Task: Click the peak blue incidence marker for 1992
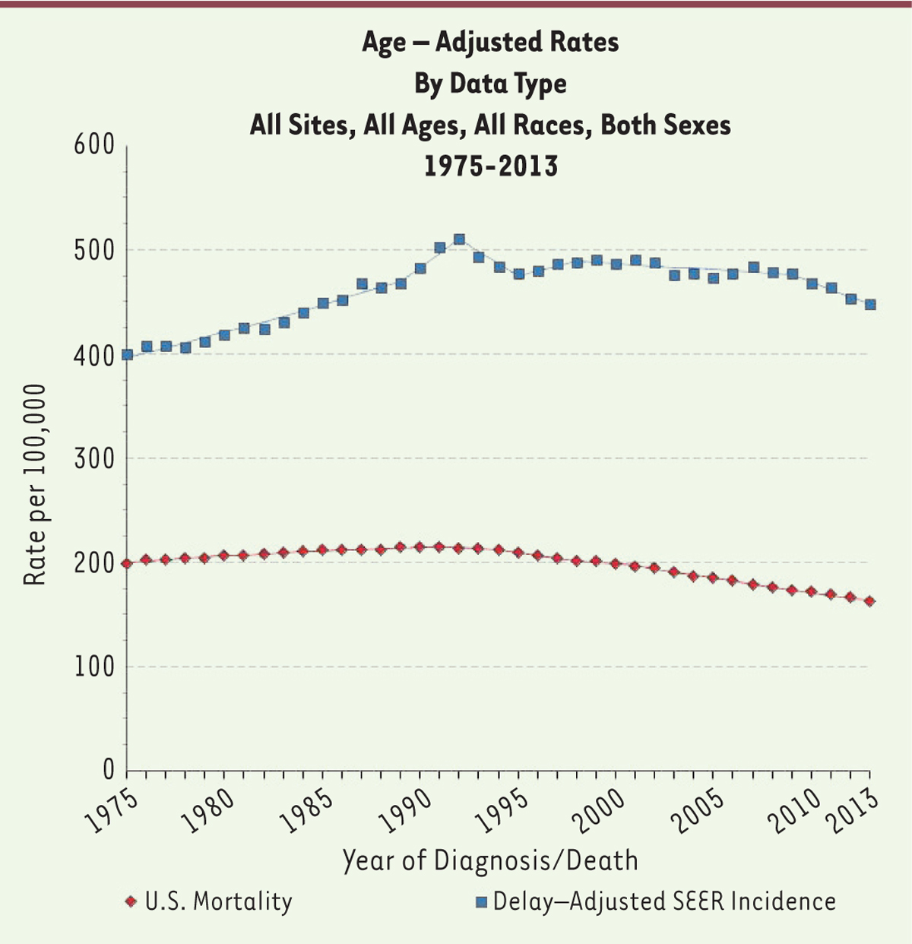point(459,239)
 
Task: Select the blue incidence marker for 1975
point(127,354)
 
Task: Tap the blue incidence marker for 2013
point(870,304)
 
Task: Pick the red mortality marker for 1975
point(127,563)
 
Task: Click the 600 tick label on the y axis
point(93,145)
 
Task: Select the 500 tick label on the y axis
point(93,250)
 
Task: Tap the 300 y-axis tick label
point(93,458)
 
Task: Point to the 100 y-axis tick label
point(93,667)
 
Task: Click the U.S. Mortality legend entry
point(209,901)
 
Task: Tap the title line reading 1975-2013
point(490,166)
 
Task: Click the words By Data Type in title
point(490,83)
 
